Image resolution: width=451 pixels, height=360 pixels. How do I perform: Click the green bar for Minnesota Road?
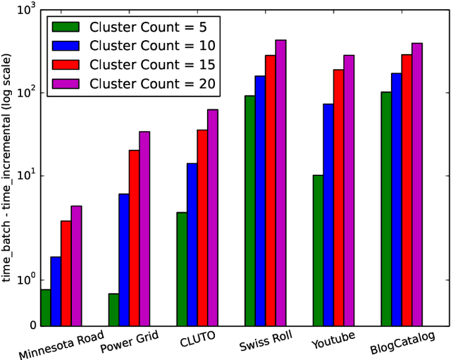point(46,308)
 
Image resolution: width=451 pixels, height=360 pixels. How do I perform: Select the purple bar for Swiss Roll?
point(280,183)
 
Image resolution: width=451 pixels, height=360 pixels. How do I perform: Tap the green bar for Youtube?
point(318,250)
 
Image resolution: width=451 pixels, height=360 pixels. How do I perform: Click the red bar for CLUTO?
point(202,228)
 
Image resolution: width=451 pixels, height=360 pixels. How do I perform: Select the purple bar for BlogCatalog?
point(417,185)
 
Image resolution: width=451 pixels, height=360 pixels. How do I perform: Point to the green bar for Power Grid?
point(113,310)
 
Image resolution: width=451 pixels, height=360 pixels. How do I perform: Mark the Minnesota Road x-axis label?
point(61,345)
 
